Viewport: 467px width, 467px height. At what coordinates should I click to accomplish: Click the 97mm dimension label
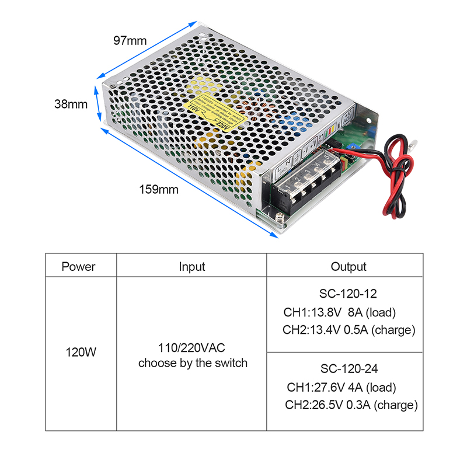[130, 40]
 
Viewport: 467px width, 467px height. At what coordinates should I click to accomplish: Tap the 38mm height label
[71, 104]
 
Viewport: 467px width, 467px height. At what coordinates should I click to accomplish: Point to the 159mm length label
[158, 189]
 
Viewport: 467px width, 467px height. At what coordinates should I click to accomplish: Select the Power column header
[78, 267]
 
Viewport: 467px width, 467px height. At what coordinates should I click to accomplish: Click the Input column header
[192, 267]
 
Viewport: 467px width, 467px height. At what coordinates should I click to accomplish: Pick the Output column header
[348, 267]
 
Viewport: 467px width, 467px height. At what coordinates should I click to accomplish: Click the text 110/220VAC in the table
[193, 348]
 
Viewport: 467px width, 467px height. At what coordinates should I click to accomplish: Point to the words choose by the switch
[193, 363]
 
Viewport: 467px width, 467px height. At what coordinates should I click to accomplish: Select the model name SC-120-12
[348, 294]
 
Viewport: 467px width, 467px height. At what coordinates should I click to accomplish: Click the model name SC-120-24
[349, 368]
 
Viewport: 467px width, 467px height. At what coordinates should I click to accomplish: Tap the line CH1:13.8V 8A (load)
[343, 312]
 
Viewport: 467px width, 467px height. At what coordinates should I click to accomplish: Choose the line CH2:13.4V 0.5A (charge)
[348, 330]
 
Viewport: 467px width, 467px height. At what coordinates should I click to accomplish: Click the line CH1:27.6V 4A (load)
[341, 387]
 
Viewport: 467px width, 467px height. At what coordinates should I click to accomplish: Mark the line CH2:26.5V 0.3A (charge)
[351, 405]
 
